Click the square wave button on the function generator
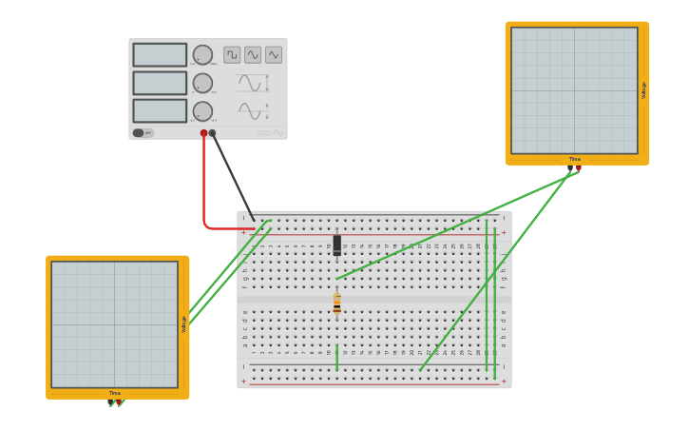[x=232, y=55]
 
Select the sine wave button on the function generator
[x=253, y=55]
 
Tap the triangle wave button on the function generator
[x=274, y=55]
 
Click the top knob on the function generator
[x=202, y=55]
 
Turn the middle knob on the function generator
[x=202, y=83]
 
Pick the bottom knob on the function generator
[x=202, y=111]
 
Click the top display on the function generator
[x=160, y=55]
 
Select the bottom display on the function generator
[x=160, y=111]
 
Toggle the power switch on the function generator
[x=139, y=133]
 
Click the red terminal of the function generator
[x=203, y=133]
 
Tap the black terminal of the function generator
[x=212, y=133]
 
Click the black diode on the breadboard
[x=337, y=245]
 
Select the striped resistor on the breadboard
[x=336, y=304]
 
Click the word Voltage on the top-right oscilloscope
[x=643, y=90]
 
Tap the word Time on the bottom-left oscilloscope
[x=115, y=393]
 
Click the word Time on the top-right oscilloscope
[x=575, y=159]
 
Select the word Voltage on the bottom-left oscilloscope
[x=183, y=324]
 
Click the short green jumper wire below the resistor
[x=336, y=358]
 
